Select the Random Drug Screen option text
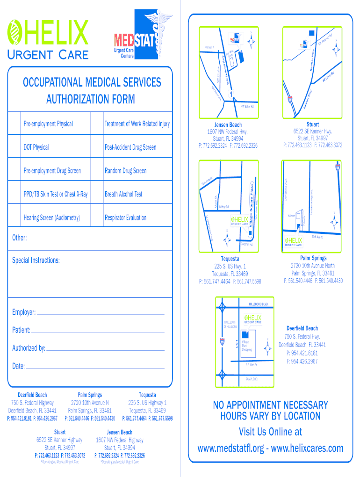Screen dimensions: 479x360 [125, 171]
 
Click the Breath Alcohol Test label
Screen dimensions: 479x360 [123, 194]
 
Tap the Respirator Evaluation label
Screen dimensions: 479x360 [125, 218]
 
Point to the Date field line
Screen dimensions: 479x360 [95, 367]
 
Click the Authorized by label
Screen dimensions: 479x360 [29, 348]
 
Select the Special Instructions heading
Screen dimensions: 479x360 [36, 260]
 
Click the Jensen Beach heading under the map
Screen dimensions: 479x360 [228, 125]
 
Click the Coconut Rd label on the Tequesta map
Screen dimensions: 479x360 [246, 244]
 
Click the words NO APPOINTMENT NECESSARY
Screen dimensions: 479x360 [270, 405]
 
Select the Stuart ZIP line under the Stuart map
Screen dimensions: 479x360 [313, 138]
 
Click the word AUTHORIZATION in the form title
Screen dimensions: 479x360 [90, 99]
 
